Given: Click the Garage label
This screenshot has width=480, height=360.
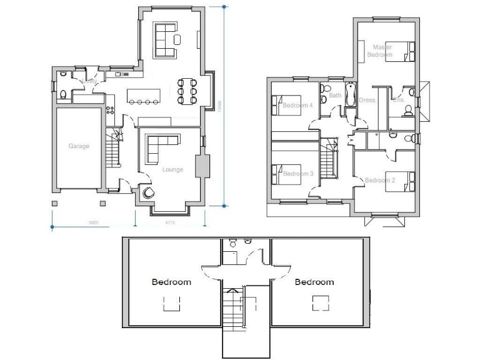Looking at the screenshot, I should click(79, 146).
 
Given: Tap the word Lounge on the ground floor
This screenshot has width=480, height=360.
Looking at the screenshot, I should click(172, 169).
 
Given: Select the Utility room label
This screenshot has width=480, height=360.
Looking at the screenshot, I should click(90, 81).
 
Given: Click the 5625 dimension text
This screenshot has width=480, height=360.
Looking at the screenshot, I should click(92, 222).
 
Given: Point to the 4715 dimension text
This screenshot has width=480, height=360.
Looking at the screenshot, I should click(169, 222).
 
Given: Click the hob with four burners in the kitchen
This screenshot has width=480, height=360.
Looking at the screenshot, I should click(109, 110).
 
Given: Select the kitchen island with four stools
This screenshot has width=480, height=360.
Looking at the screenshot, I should click(143, 96).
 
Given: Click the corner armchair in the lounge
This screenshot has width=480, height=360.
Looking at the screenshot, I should click(149, 192).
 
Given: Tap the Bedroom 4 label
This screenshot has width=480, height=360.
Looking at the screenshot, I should click(297, 105).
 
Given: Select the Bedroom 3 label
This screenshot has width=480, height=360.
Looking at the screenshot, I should click(297, 174).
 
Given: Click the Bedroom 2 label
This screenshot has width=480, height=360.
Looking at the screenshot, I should click(379, 181).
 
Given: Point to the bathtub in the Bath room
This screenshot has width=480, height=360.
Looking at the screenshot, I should click(350, 94).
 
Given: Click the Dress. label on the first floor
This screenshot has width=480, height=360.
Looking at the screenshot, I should click(367, 100).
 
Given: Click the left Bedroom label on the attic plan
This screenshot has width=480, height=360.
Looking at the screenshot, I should click(171, 282).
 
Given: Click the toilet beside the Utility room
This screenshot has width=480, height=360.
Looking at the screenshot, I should click(63, 94).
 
